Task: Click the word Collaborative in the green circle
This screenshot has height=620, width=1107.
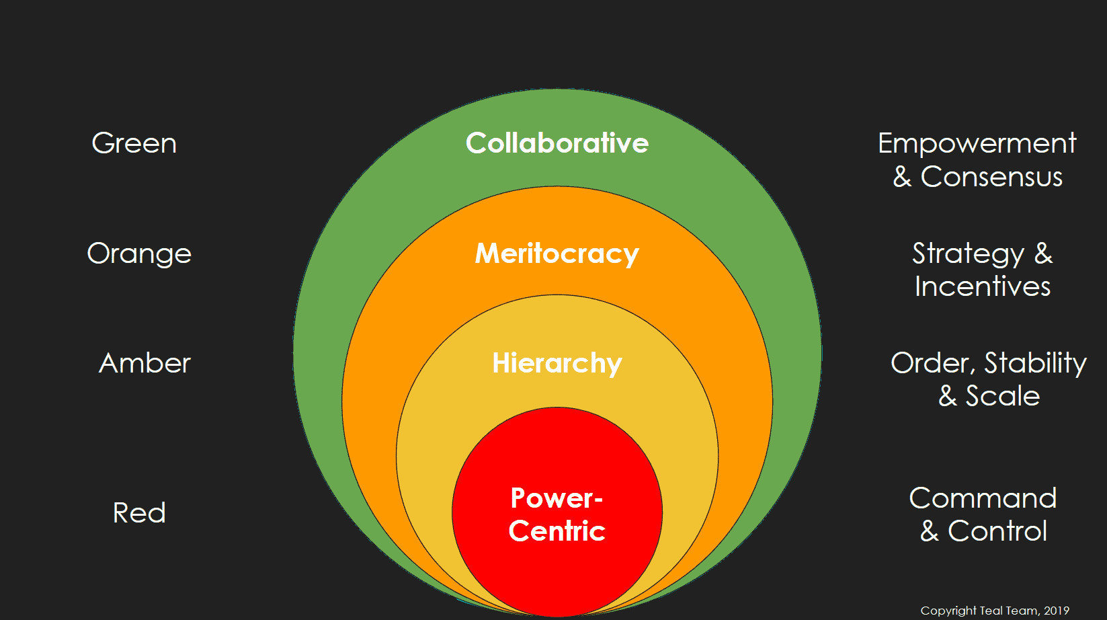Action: tap(557, 143)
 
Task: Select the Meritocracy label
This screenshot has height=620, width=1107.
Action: tap(557, 254)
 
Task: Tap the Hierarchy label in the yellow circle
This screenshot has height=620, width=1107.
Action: tap(557, 363)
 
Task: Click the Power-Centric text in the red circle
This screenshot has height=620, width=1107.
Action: tap(557, 514)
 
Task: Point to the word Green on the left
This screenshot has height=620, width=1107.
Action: tap(134, 143)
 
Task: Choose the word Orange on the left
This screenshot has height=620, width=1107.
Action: tap(139, 254)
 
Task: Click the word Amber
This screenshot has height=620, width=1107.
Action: tap(145, 363)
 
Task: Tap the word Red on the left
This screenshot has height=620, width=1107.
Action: tap(139, 513)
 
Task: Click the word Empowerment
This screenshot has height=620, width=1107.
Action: tap(977, 143)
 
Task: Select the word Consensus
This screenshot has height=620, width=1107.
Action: tap(991, 177)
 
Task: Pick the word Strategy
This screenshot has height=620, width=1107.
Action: tap(968, 254)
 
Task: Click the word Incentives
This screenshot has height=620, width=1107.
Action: tap(982, 286)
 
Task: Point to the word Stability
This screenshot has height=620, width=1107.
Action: tap(1035, 363)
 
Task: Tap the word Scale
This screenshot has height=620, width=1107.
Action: tap(1002, 396)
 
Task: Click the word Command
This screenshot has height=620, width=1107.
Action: tap(983, 498)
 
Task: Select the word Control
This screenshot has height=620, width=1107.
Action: tap(997, 531)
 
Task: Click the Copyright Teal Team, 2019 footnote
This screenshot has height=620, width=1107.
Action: tap(994, 611)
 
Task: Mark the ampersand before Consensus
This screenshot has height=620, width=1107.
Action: tap(902, 177)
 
